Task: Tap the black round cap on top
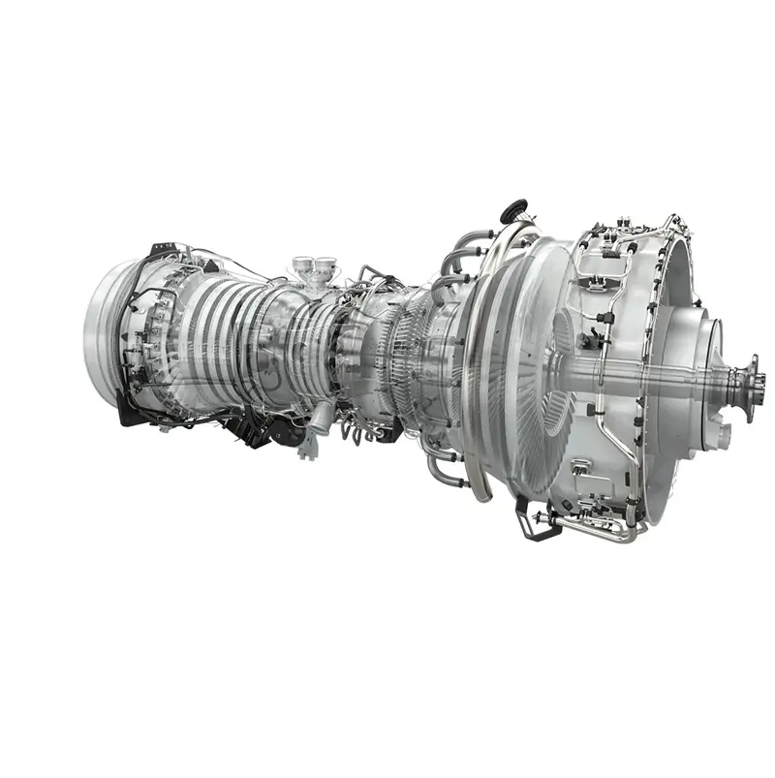tap(512, 208)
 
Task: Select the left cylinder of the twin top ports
tap(303, 264)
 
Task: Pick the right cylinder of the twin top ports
tap(325, 264)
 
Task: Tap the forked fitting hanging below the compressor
tap(308, 446)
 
